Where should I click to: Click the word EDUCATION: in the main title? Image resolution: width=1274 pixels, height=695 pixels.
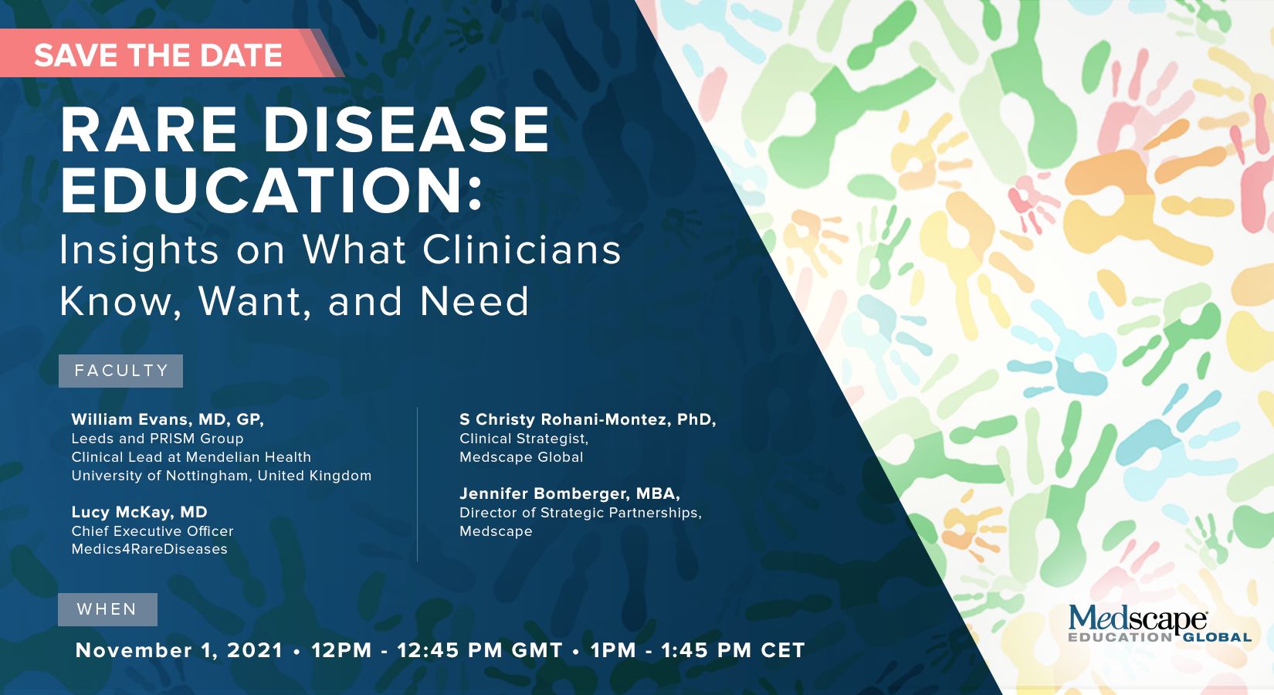pyautogui.click(x=271, y=191)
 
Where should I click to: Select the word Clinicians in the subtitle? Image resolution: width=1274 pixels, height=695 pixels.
pyautogui.click(x=521, y=249)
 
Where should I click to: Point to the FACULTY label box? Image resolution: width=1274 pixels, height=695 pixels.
pyautogui.click(x=120, y=371)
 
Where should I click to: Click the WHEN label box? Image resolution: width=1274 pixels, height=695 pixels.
pyautogui.click(x=107, y=610)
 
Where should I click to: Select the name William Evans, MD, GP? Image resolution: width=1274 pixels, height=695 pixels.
pyautogui.click(x=168, y=420)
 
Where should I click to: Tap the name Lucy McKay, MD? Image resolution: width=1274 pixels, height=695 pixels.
pyautogui.click(x=139, y=512)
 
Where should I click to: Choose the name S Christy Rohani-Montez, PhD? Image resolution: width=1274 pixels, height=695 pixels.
pyautogui.click(x=588, y=420)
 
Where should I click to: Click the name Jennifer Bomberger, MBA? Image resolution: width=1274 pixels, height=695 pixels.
pyautogui.click(x=570, y=493)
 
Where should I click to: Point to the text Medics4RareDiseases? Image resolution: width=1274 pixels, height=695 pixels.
pyautogui.click(x=150, y=549)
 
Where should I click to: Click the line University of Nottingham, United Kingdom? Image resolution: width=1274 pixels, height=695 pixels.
pyautogui.click(x=222, y=476)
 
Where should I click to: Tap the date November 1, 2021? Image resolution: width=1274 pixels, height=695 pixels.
pyautogui.click(x=179, y=650)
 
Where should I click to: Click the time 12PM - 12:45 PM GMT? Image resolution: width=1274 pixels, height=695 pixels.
pyautogui.click(x=437, y=650)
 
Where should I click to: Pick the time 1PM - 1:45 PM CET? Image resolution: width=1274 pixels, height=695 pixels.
pyautogui.click(x=698, y=650)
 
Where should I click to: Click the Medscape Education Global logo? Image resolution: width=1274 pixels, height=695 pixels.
pyautogui.click(x=1160, y=623)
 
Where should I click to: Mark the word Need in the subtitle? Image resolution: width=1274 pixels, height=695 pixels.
pyautogui.click(x=475, y=301)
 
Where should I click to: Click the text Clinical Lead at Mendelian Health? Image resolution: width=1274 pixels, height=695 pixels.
pyautogui.click(x=191, y=457)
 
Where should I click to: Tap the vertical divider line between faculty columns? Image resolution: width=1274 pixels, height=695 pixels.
pyautogui.click(x=418, y=484)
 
